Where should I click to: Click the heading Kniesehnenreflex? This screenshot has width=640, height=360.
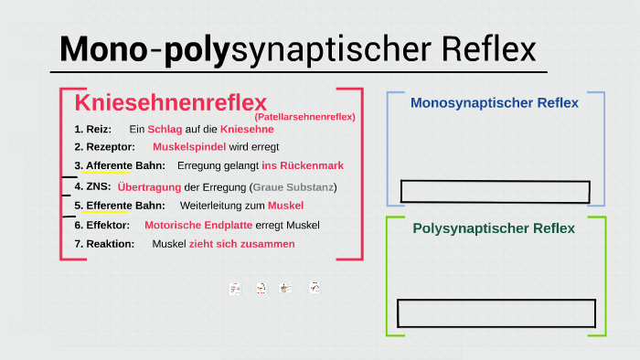click(x=170, y=101)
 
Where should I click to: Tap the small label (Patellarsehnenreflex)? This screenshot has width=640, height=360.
click(x=304, y=117)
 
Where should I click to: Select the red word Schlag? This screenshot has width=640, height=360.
click(x=165, y=130)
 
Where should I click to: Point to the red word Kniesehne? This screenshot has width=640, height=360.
click(x=247, y=130)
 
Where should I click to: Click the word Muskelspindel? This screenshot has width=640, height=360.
click(x=189, y=147)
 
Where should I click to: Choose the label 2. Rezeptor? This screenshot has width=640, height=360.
click(x=105, y=147)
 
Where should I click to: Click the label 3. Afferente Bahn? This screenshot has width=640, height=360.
click(x=120, y=166)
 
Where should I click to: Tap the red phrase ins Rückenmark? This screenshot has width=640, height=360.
click(x=303, y=166)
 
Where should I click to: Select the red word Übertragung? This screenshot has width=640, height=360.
click(x=149, y=186)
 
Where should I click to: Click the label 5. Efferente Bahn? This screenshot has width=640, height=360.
click(x=120, y=206)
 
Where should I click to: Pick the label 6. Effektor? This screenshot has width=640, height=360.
click(x=102, y=225)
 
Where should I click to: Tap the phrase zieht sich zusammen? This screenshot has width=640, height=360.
click(x=242, y=244)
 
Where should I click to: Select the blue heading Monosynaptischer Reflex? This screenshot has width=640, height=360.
click(x=495, y=103)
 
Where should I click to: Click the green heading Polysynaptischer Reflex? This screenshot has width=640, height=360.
click(x=494, y=228)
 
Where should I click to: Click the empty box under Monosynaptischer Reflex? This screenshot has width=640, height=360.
click(x=495, y=192)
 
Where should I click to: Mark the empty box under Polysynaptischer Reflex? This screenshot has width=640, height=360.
click(x=496, y=313)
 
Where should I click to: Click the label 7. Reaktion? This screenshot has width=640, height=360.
click(x=104, y=244)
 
